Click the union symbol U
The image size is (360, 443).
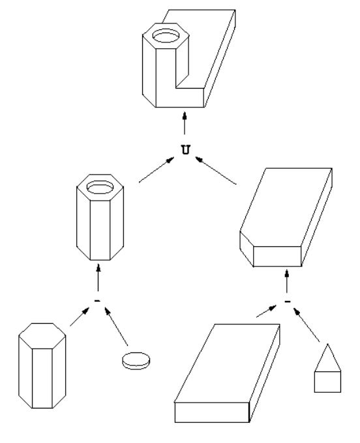click(185, 149)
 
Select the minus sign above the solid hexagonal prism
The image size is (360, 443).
click(97, 301)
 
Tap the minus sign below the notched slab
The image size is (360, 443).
click(288, 302)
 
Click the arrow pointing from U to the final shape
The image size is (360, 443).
click(185, 123)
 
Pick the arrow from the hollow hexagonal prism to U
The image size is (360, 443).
click(157, 170)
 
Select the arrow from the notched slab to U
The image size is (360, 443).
click(216, 171)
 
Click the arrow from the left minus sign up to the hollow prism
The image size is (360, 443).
click(98, 278)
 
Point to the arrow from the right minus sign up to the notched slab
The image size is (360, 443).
click(287, 281)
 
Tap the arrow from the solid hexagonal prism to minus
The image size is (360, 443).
click(80, 317)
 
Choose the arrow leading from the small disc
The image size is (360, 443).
click(116, 326)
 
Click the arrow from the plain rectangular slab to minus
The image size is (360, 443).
click(266, 311)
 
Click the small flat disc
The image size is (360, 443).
click(136, 360)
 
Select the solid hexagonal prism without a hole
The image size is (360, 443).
click(42, 365)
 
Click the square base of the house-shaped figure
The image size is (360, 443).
click(327, 382)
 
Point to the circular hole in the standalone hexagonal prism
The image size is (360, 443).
click(100, 187)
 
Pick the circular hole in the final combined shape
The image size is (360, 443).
click(166, 36)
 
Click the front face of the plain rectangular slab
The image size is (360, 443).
click(212, 412)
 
